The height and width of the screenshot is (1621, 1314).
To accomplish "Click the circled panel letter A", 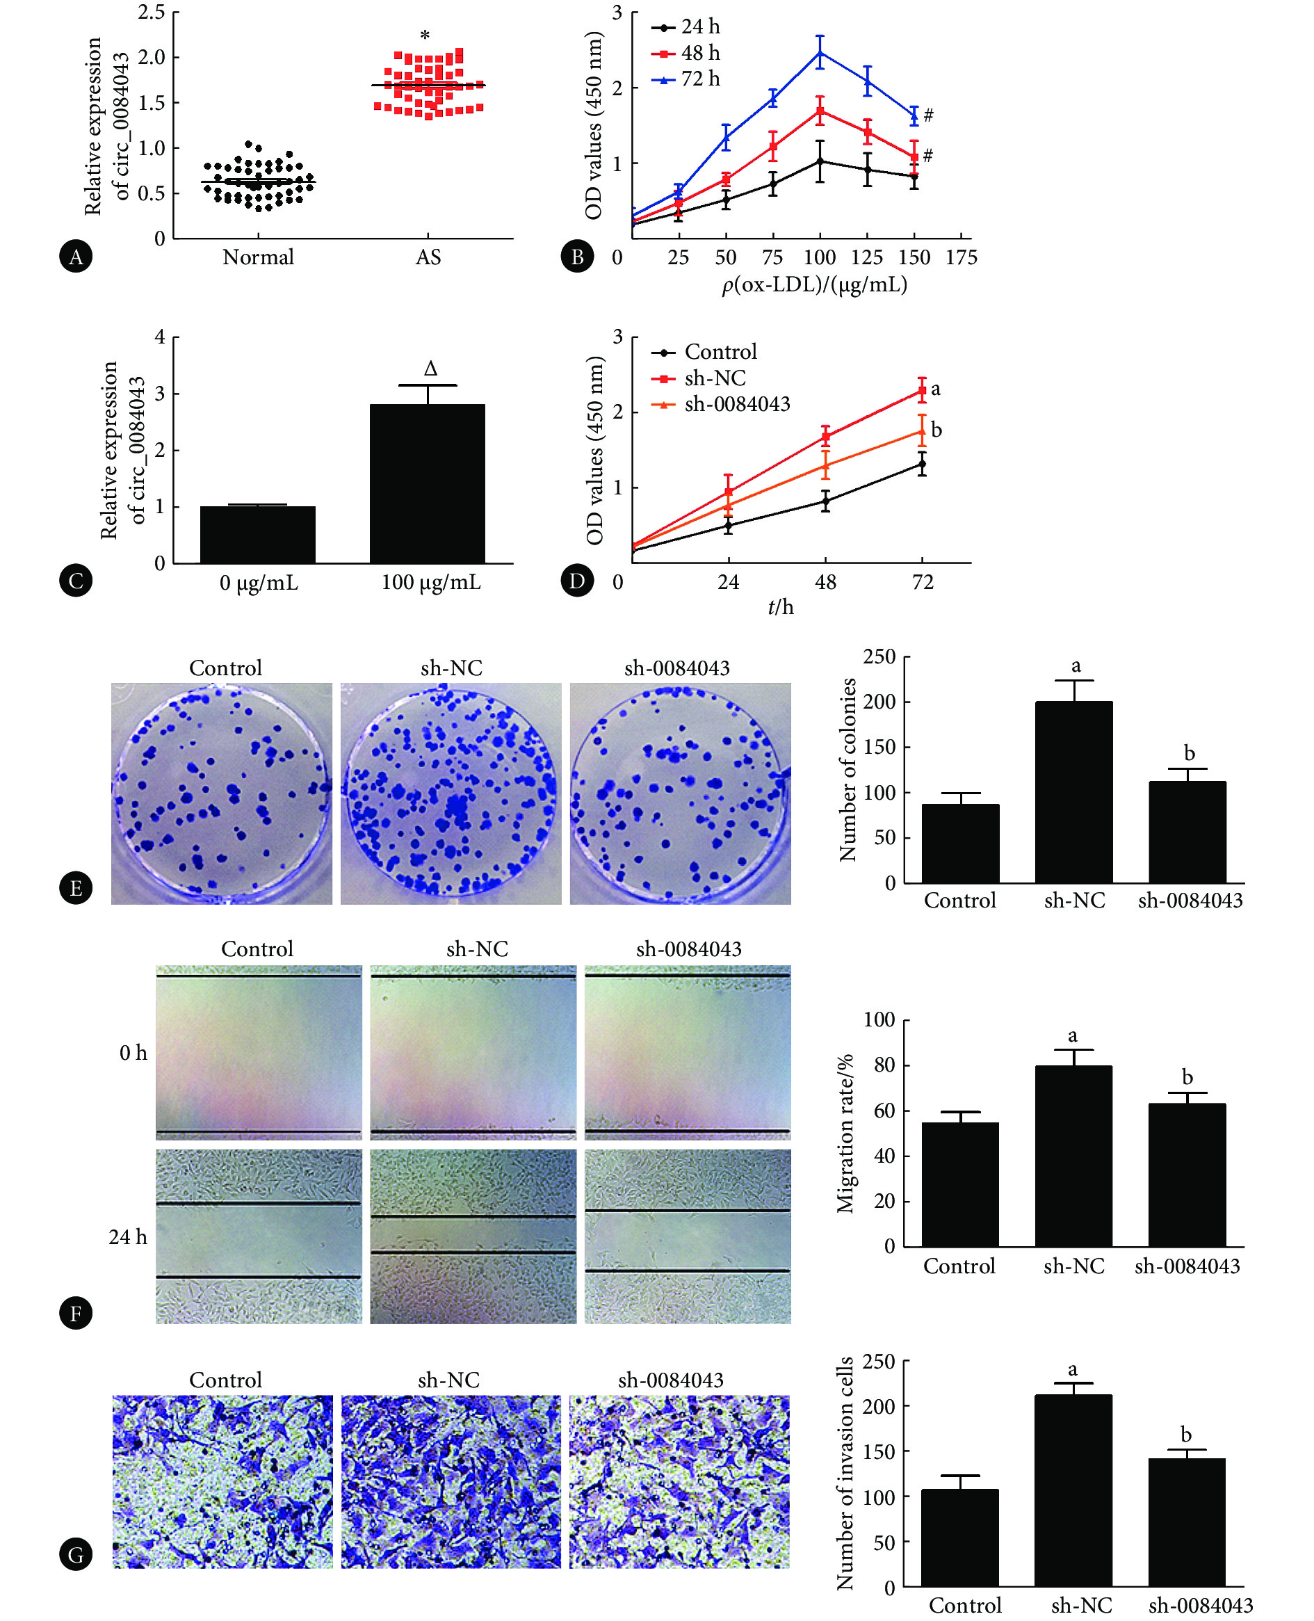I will coord(76,257).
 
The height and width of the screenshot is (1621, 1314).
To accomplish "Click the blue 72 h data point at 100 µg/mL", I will coord(820,53).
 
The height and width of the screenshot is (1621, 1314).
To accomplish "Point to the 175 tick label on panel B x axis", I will coord(962,258).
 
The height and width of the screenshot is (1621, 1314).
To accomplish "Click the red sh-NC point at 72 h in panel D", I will coord(922,391).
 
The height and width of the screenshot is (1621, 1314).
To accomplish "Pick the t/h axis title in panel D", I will coord(780,606).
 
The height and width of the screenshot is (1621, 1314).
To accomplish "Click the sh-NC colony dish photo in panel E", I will coord(451,793).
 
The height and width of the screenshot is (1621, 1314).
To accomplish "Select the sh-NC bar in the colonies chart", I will coord(1073,791).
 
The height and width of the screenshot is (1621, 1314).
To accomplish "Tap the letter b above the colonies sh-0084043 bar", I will coord(1189,753).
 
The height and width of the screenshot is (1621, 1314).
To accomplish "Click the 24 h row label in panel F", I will coord(128,1237).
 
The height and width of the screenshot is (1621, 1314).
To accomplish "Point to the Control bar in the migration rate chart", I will coord(959,1184).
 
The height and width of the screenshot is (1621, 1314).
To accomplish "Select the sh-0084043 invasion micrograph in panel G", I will coord(679,1481).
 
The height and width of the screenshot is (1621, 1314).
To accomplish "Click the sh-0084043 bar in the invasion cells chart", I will coord(1186,1522).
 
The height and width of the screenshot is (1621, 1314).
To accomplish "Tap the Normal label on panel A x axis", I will coord(258,257).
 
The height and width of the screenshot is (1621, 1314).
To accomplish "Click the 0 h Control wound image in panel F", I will coord(258,1052).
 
